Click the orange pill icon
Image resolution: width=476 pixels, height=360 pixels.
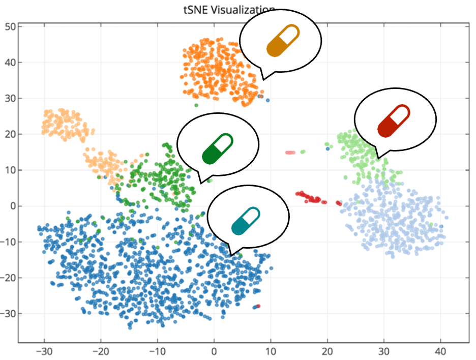[x=283, y=40]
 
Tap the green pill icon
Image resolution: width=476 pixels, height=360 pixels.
[x=218, y=148]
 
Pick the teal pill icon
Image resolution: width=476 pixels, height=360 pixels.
[x=246, y=221]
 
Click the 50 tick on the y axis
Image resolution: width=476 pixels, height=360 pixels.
[x=10, y=26]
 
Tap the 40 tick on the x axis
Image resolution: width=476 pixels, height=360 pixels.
[x=440, y=350]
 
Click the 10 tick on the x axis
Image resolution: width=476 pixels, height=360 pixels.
[x=271, y=350]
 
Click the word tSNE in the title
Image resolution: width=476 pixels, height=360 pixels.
[x=195, y=9]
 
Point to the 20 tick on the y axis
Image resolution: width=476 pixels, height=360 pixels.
[x=10, y=134]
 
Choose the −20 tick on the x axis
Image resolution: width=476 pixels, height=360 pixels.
[x=101, y=350]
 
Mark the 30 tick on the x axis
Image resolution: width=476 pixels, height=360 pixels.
[x=384, y=350]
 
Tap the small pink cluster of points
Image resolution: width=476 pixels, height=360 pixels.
[x=290, y=153]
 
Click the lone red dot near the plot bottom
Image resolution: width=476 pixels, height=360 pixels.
[x=258, y=306]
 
